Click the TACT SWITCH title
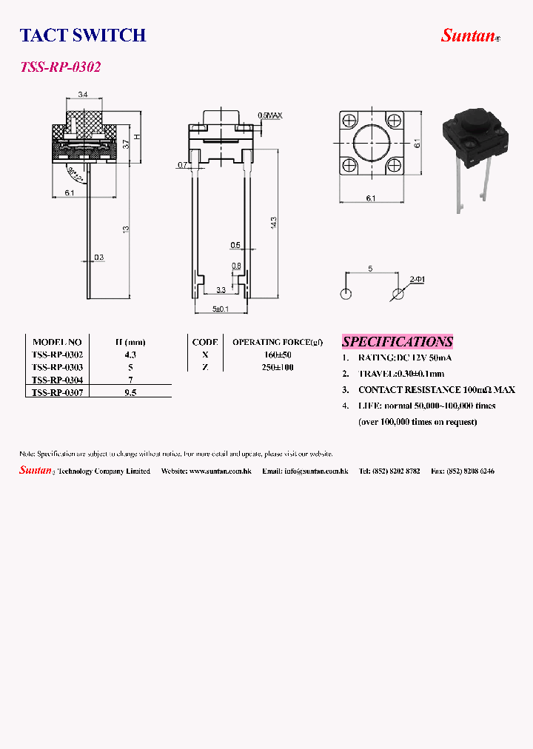point(82,35)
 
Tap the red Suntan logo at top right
point(468,35)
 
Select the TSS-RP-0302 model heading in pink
point(60,67)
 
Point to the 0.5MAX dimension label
point(269,115)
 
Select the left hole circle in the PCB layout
point(346,295)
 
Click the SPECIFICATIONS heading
point(397,342)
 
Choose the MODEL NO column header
point(57,342)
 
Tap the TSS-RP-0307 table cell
point(57,392)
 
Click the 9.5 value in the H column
point(130,392)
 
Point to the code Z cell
point(204,367)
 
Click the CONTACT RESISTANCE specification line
point(436,389)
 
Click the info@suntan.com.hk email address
point(316,471)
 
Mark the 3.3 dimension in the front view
point(221,289)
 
